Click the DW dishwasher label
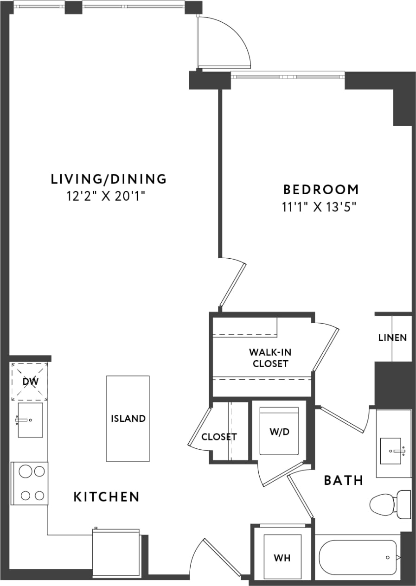29,382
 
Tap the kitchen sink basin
30,420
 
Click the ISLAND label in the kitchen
128,419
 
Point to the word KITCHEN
107,497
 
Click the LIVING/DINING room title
109,178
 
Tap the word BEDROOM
321,190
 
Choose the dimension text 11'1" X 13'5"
321,207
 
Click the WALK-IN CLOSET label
270,358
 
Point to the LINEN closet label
393,338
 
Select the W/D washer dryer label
279,432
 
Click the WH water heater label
282,558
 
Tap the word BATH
344,480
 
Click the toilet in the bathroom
390,504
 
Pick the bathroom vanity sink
393,450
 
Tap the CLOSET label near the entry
219,437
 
